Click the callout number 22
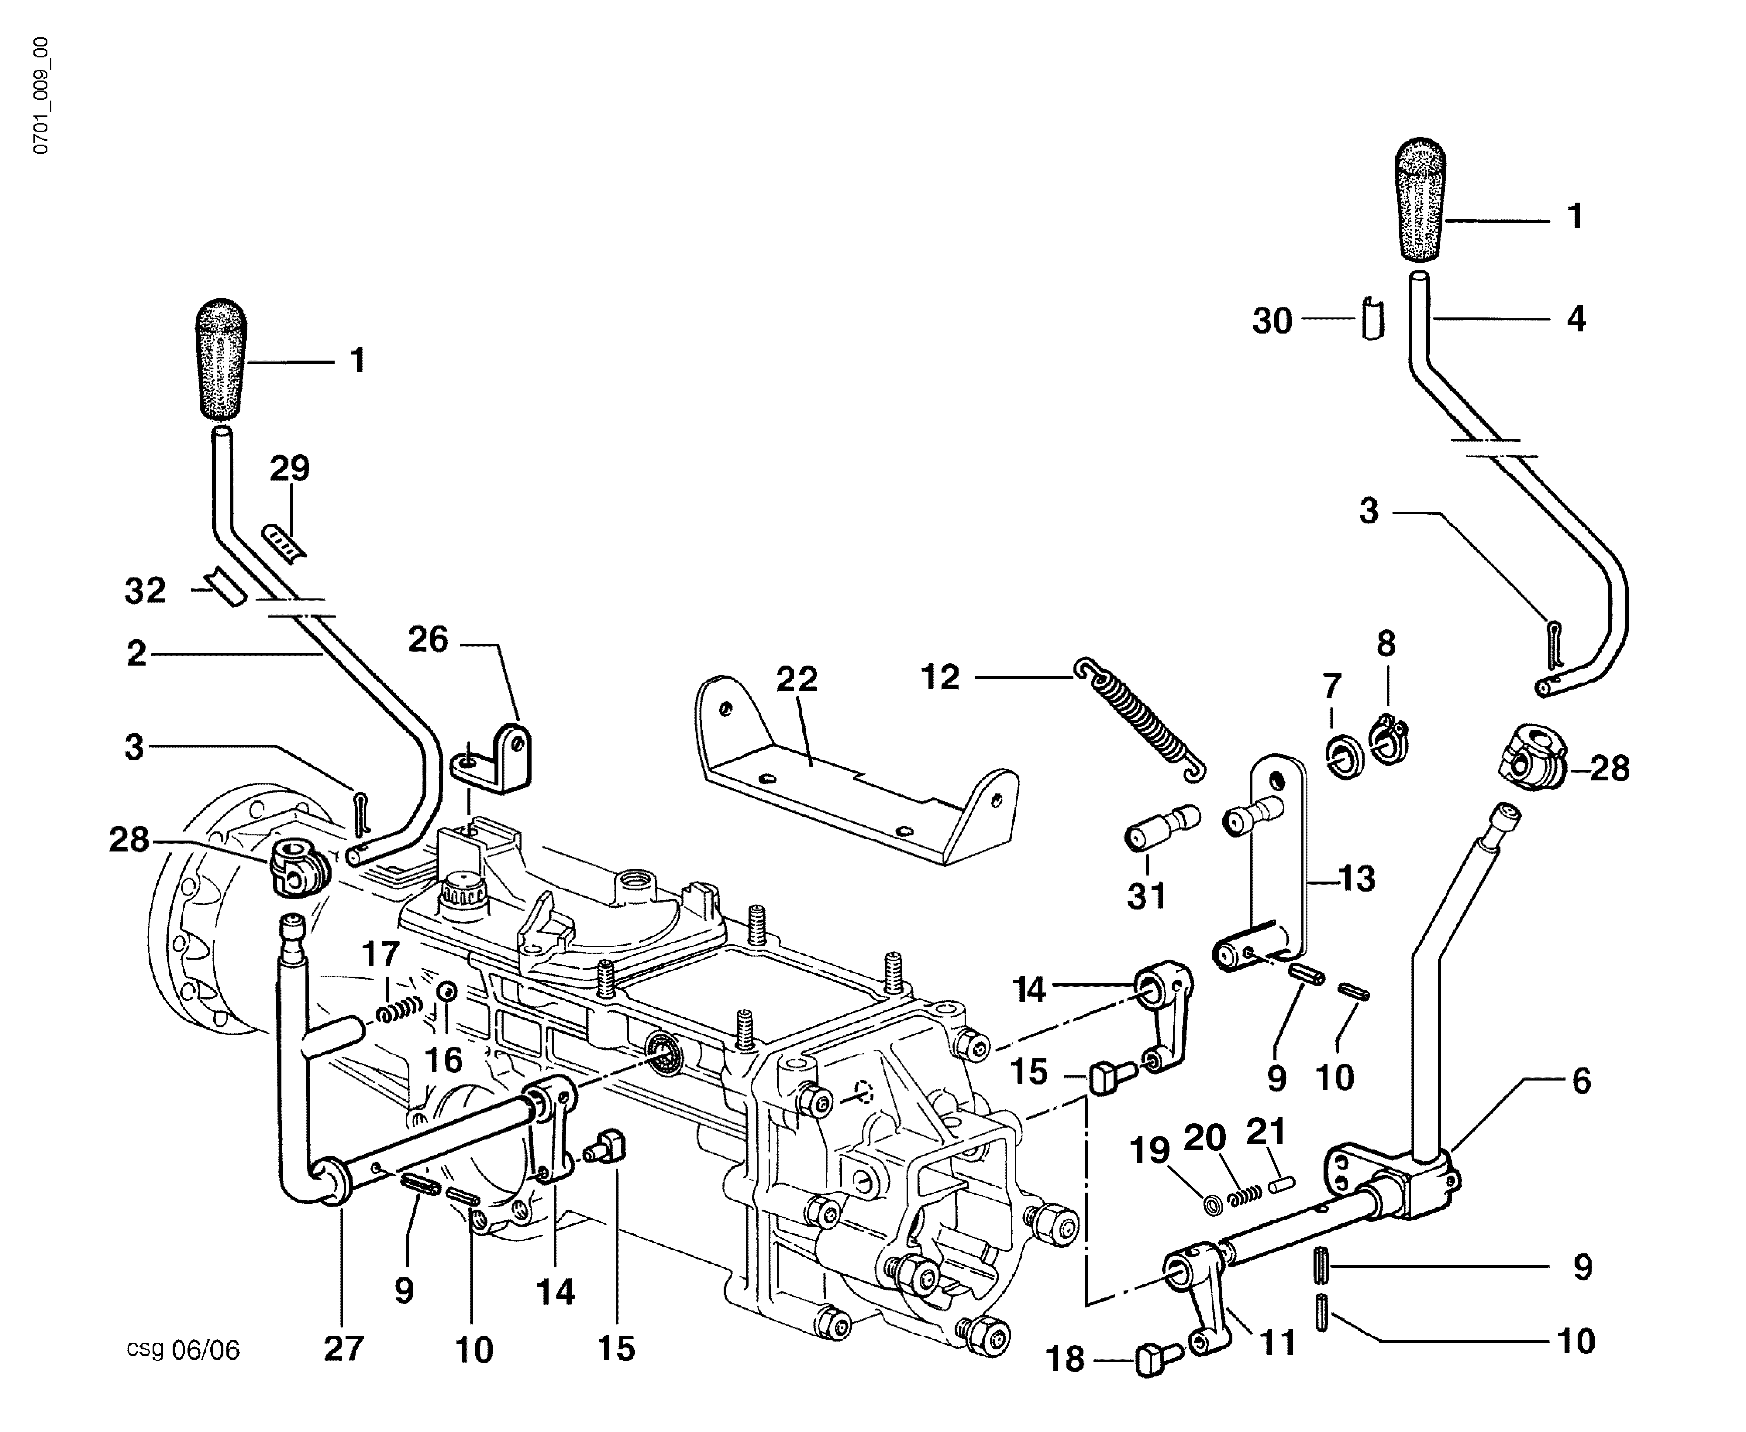796,679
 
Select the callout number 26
428,639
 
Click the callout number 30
1272,321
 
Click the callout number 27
343,1349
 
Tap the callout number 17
381,954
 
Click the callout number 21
1266,1132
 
